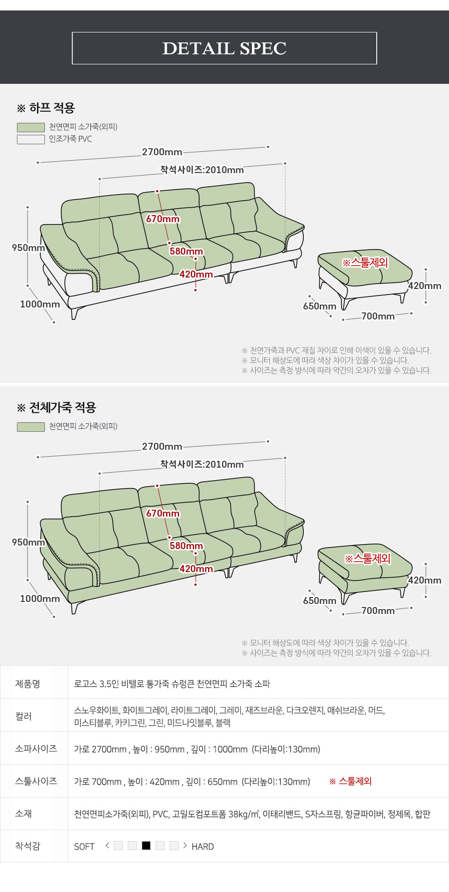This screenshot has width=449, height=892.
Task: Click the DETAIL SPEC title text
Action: [224, 48]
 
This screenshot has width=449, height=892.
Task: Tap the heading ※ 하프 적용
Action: [46, 108]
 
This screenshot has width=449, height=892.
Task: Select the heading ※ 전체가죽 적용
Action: [56, 407]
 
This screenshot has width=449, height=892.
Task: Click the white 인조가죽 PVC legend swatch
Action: [31, 139]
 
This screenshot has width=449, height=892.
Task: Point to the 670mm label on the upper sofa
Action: [163, 219]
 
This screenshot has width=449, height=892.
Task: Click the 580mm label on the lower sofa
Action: [187, 546]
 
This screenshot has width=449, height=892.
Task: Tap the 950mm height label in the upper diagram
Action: [28, 248]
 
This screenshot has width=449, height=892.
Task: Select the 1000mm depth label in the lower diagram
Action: [40, 598]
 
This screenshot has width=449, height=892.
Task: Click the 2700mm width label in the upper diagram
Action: [162, 152]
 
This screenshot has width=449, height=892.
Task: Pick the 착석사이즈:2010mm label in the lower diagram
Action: [202, 464]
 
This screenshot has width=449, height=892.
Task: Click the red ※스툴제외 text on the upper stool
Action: [365, 262]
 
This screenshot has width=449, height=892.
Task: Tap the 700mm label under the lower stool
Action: [378, 610]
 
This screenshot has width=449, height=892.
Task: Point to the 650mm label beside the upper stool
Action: [320, 306]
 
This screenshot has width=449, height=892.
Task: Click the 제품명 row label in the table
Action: [27, 684]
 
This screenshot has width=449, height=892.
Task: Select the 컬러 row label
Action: [23, 716]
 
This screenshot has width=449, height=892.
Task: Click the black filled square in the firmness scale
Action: [146, 846]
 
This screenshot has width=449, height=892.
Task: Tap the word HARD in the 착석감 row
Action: [203, 847]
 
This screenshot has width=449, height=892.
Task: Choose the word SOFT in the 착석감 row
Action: [84, 847]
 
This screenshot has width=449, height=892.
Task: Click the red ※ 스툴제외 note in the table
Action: [350, 781]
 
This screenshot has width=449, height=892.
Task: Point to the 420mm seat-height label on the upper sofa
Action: [196, 274]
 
